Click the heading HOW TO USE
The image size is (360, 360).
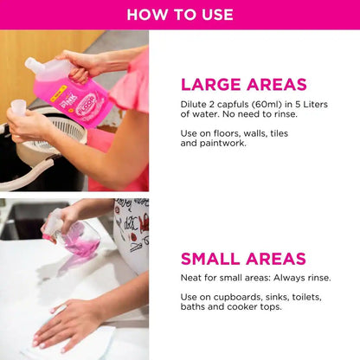pos(180,14)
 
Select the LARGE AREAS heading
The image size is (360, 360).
pos(243,84)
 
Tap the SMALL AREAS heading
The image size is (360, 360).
pos(243,259)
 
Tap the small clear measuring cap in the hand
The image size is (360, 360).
pos(18,107)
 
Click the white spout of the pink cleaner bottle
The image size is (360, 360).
pos(40,67)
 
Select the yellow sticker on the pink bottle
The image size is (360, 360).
pos(66,100)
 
